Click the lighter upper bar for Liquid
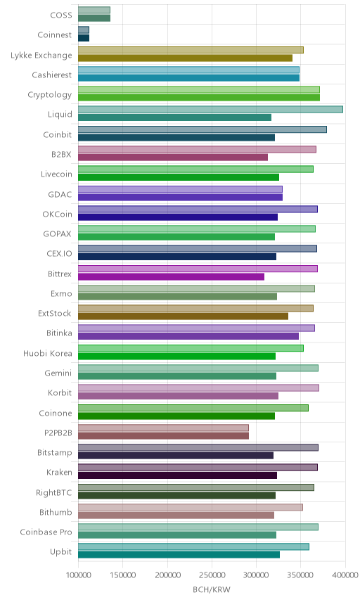click(210, 110)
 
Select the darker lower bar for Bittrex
click(171, 277)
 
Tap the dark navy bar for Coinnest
click(84, 38)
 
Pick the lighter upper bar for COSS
click(94, 10)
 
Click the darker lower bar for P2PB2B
click(164, 436)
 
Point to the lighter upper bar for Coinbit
click(202, 129)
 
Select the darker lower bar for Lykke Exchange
click(186, 58)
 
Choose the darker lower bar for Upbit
click(179, 555)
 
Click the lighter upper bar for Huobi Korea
click(191, 348)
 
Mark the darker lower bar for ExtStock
click(183, 316)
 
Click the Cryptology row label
click(49, 95)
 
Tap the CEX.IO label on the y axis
click(59, 254)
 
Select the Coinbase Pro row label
click(46, 532)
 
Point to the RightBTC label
click(53, 492)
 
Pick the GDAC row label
click(60, 194)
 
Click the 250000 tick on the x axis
click(212, 575)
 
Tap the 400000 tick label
click(345, 575)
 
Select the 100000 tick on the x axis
click(78, 575)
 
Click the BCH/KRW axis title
click(212, 590)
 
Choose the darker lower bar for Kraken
click(178, 475)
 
